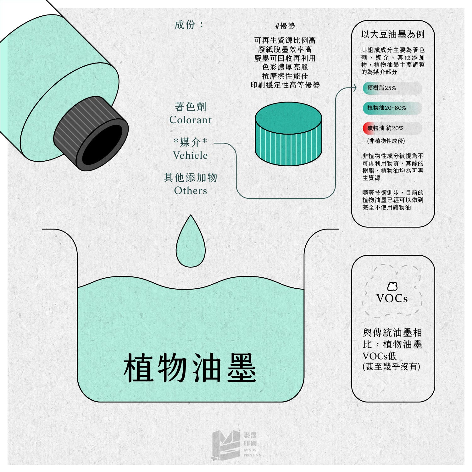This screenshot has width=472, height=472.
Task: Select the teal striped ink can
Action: tap(288, 134)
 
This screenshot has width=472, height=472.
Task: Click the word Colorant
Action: tap(191, 120)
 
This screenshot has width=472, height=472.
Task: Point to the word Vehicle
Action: tap(190, 155)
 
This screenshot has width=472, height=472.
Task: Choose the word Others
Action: tap(191, 191)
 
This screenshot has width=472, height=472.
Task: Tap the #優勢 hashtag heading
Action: tap(285, 26)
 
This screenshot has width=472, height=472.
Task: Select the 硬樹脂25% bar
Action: tap(392, 88)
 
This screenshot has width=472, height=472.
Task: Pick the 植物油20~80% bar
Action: tap(392, 108)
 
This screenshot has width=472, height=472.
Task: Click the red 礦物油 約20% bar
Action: tap(392, 128)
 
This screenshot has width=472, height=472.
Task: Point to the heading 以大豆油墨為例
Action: tap(393, 35)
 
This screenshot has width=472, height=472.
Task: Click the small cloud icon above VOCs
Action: tap(392, 286)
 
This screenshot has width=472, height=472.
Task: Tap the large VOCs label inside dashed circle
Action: tap(392, 298)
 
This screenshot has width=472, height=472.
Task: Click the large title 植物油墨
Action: tap(190, 368)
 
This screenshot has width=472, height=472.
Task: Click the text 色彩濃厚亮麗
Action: tap(285, 67)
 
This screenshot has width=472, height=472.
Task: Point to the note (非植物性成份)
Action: tap(386, 141)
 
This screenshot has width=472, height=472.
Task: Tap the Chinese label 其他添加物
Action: tap(191, 178)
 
